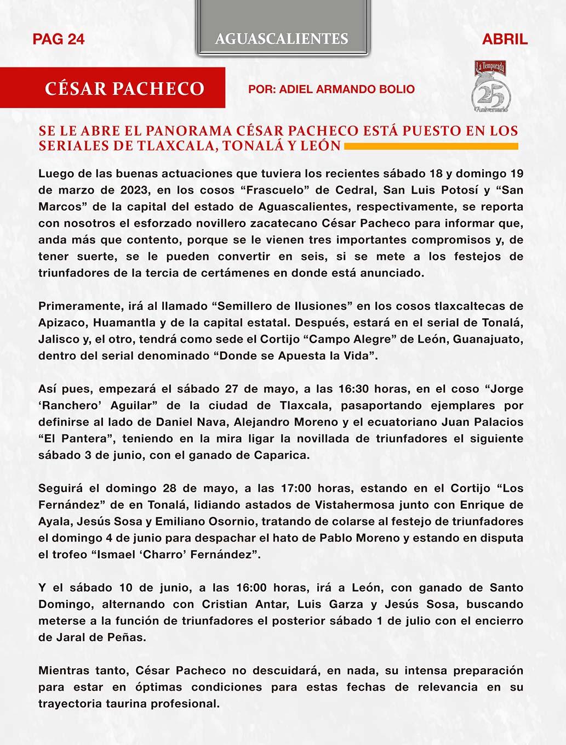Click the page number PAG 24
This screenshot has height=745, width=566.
[59, 39]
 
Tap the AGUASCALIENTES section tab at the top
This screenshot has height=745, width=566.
[282, 38]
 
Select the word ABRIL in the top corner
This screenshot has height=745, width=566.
[505, 39]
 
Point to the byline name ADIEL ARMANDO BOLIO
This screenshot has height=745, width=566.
[347, 89]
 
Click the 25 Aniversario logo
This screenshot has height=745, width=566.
[491, 88]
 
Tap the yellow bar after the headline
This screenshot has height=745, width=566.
[431, 146]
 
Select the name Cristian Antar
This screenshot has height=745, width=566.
[245, 603]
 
